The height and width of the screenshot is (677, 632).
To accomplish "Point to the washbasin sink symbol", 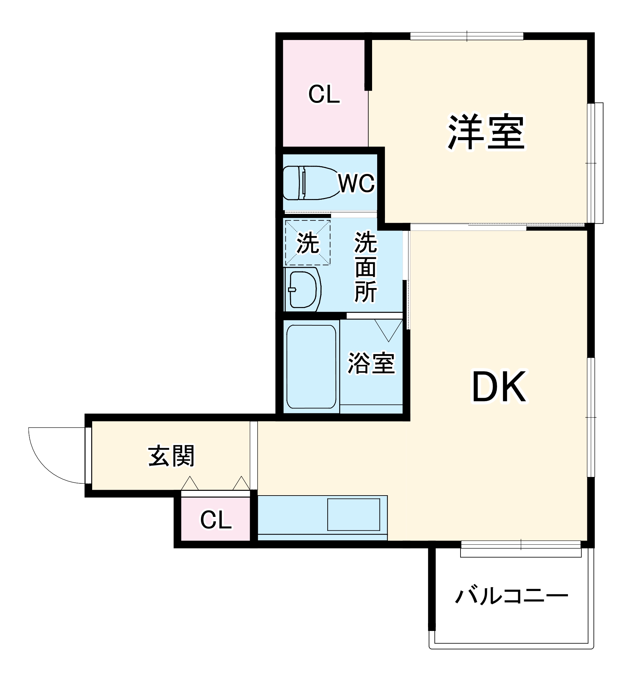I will coord(302,289).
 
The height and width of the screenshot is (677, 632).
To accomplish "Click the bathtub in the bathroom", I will coord(311,366).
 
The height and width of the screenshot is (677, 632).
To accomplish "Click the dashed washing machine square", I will coord(307,242).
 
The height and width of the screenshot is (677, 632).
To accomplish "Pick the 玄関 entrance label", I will coord(171,456).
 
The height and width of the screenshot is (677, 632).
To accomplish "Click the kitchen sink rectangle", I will coord(353,515).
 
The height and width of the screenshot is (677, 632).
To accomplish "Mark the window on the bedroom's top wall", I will coord(467,36).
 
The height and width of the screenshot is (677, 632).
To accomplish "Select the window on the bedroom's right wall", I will coord(594,163).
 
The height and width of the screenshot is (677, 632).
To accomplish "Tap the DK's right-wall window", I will coord(591,417).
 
